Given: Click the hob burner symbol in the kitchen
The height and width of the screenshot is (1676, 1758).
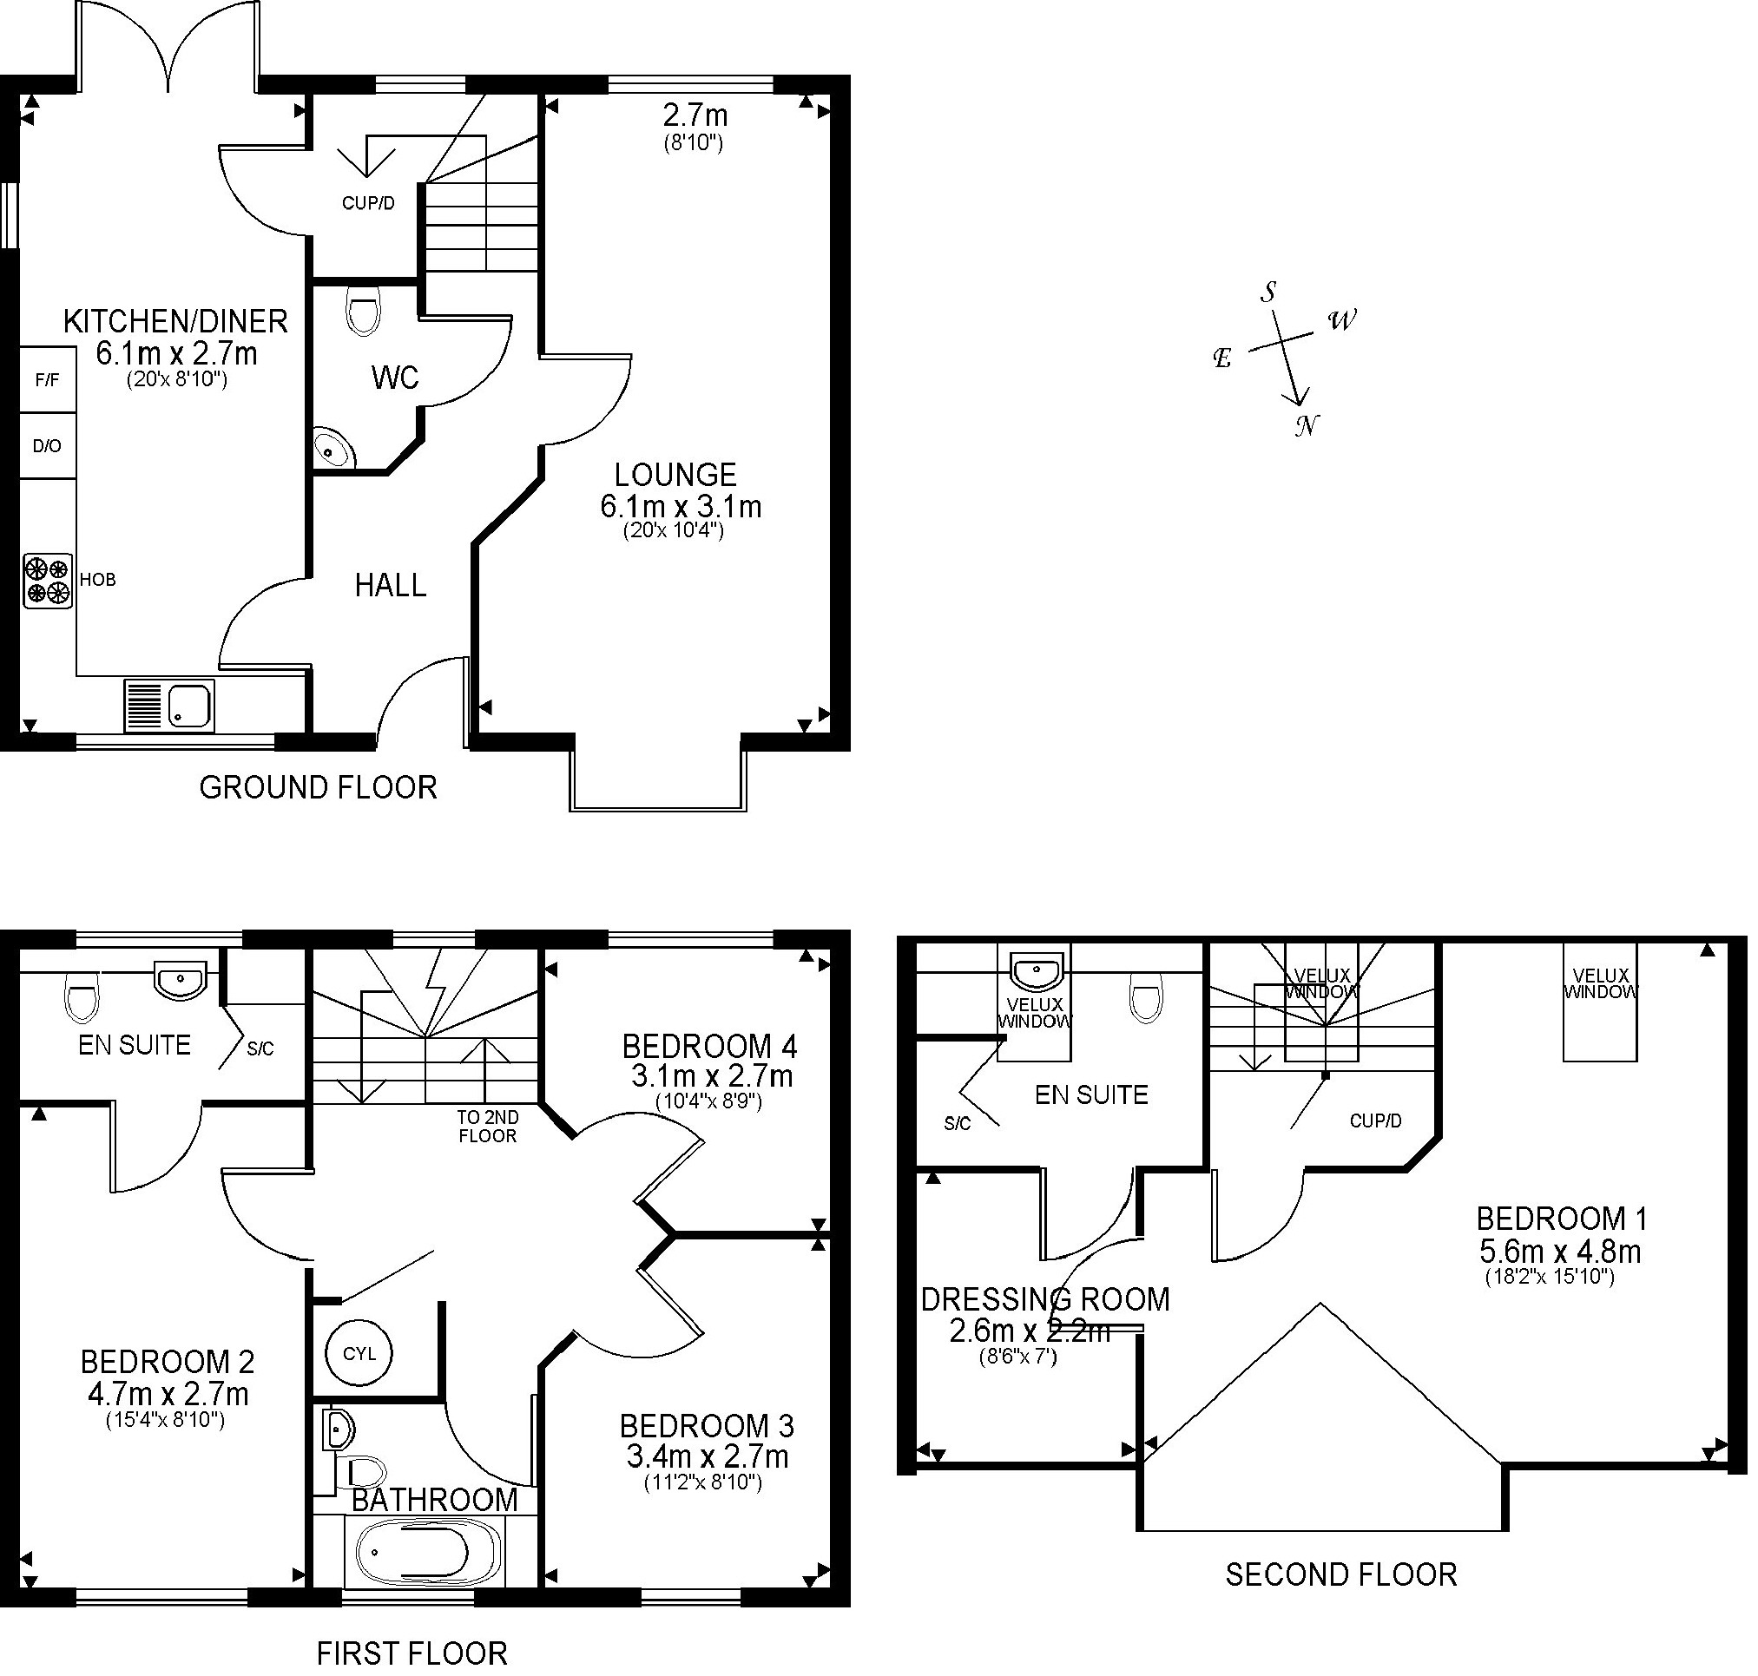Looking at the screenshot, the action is pyautogui.click(x=48, y=582).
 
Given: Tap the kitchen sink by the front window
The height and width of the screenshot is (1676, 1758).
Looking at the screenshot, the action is pyautogui.click(x=168, y=705).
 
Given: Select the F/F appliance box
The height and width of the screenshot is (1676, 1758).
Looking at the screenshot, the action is pyautogui.click(x=48, y=379).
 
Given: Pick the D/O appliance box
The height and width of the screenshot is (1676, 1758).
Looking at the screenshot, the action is pyautogui.click(x=48, y=445).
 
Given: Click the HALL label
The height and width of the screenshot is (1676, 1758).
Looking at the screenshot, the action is pyautogui.click(x=391, y=585).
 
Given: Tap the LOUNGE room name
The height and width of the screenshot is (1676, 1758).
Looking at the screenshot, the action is pyautogui.click(x=675, y=474).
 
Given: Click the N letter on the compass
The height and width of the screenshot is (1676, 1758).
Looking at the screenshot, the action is pyautogui.click(x=1307, y=425).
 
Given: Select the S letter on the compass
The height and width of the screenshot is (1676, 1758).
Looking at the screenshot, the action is pyautogui.click(x=1268, y=292).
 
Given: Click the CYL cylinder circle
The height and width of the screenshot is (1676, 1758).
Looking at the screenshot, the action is pyautogui.click(x=359, y=1353).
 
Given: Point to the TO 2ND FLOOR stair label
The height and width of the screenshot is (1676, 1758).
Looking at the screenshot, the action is pyautogui.click(x=487, y=1126).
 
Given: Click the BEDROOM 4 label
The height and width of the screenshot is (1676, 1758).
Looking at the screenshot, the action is pyautogui.click(x=709, y=1045).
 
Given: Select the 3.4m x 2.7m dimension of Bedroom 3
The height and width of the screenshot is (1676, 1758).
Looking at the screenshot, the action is pyautogui.click(x=707, y=1456).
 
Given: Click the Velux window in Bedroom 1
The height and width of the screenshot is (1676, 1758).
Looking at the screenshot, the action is pyautogui.click(x=1600, y=1002).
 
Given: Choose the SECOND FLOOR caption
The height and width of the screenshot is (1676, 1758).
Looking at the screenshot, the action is pyautogui.click(x=1340, y=1574).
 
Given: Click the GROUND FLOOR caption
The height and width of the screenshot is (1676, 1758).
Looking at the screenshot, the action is pyautogui.click(x=318, y=787).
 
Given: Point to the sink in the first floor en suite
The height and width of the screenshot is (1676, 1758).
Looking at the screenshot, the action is pyautogui.click(x=181, y=980).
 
